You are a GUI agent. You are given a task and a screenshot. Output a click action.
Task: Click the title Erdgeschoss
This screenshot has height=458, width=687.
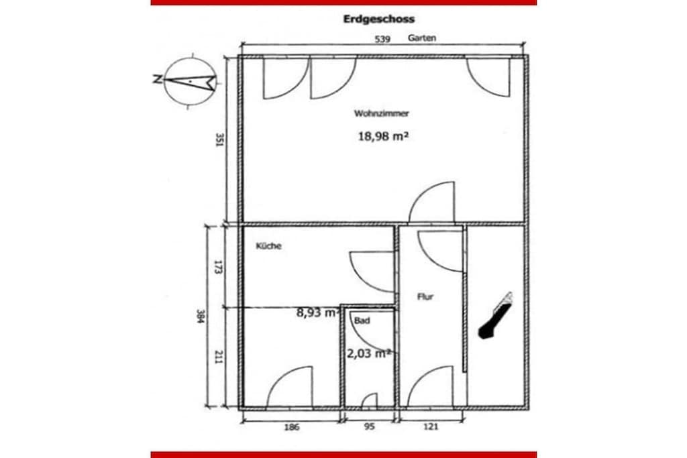point(378,19)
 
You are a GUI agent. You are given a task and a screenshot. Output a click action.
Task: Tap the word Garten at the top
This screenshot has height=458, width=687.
point(422,38)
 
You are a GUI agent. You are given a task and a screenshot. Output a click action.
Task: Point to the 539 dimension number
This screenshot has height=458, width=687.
point(382,40)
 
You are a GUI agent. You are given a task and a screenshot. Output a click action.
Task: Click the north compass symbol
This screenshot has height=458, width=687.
point(190,81)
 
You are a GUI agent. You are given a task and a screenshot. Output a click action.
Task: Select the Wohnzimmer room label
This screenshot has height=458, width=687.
point(381,113)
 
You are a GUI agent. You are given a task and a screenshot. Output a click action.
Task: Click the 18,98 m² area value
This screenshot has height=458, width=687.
point(383,136)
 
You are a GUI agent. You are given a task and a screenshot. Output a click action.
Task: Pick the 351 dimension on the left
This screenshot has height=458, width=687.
point(220,140)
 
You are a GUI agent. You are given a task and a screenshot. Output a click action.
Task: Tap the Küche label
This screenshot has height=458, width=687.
point(268,245)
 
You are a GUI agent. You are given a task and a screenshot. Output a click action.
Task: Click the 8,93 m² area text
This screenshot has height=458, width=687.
point(318,312)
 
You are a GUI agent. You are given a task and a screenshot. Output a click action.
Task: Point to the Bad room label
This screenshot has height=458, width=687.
point(362,321)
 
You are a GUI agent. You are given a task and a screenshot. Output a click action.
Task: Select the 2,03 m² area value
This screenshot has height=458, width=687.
point(368,353)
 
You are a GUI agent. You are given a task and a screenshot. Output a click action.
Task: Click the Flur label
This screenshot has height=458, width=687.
point(425,297)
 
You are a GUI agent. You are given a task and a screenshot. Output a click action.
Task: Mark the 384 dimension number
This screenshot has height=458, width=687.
point(201,316)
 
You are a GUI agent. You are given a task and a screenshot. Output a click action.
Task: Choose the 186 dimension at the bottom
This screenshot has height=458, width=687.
point(292,427)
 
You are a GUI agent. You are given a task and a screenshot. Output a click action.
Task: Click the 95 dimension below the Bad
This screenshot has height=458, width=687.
point(370,426)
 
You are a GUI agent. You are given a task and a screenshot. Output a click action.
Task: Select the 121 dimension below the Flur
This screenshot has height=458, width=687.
point(431,426)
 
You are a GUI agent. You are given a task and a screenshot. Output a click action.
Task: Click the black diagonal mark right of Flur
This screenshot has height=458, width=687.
point(496,316)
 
